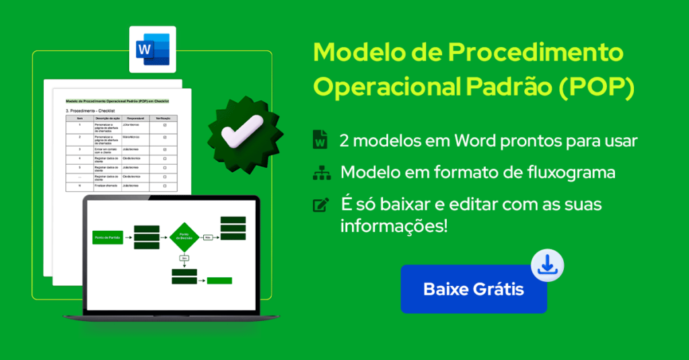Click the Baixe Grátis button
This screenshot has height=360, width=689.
(x=473, y=289)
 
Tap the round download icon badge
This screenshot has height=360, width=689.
(x=548, y=266)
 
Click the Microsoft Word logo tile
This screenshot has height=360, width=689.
(x=153, y=49)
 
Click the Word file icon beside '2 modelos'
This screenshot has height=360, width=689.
(x=320, y=141)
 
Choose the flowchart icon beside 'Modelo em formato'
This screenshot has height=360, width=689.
(x=320, y=173)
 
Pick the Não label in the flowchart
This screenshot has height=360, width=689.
(x=209, y=237)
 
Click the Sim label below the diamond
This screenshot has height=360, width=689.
(x=184, y=258)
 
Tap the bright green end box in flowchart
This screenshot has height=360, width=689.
(x=219, y=281)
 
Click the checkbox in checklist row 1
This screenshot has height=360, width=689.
(x=165, y=125)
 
